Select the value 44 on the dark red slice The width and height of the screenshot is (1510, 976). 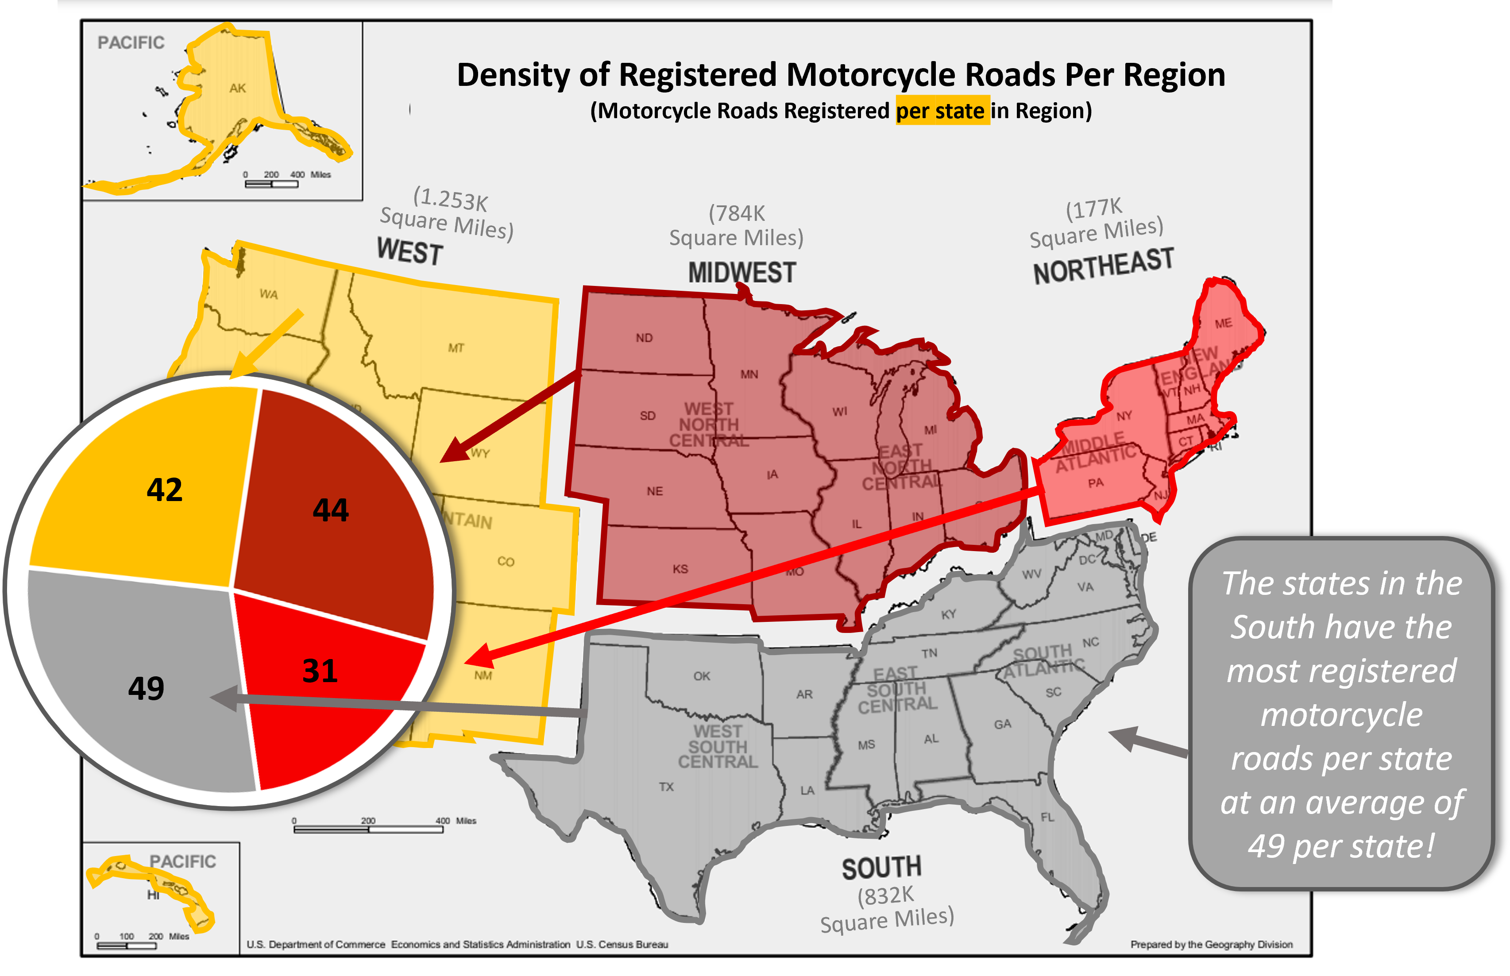tap(331, 510)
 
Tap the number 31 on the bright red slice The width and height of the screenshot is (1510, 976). tap(320, 671)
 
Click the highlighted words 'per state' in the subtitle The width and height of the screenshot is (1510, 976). tap(942, 111)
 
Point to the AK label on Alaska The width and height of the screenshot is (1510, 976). tap(238, 89)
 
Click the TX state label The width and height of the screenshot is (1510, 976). tap(666, 787)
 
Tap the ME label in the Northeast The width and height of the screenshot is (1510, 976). tap(1223, 324)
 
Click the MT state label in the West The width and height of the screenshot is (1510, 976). tap(456, 348)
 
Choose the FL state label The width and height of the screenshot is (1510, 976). tap(1047, 818)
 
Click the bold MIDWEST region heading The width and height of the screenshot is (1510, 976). tap(741, 273)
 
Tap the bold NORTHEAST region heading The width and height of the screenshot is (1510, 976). tap(1103, 266)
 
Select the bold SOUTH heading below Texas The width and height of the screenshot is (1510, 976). tap(881, 868)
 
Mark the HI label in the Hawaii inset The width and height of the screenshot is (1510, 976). tap(153, 895)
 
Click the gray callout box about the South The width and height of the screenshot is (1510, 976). tap(1341, 714)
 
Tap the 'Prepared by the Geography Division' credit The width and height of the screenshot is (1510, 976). tap(1211, 944)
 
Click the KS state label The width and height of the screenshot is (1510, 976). tap(680, 569)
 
